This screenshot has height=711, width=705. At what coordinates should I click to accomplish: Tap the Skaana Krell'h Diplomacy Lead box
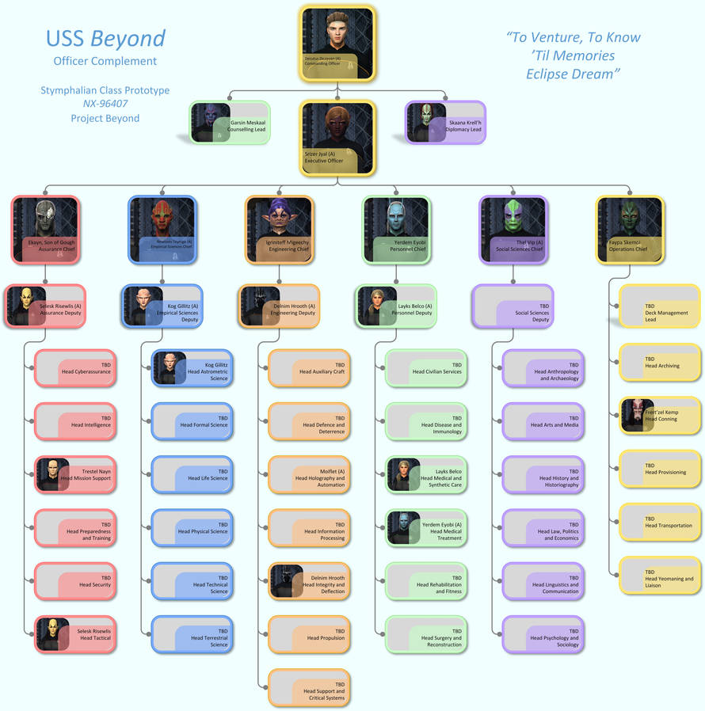click(x=445, y=123)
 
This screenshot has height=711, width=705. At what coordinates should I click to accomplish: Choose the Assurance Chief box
click(x=45, y=229)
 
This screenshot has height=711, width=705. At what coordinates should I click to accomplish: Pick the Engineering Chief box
click(x=280, y=229)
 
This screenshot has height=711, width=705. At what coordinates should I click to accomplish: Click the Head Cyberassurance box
click(x=76, y=368)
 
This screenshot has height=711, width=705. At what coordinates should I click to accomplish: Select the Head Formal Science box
click(x=192, y=421)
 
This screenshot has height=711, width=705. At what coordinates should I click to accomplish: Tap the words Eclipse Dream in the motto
click(x=573, y=74)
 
